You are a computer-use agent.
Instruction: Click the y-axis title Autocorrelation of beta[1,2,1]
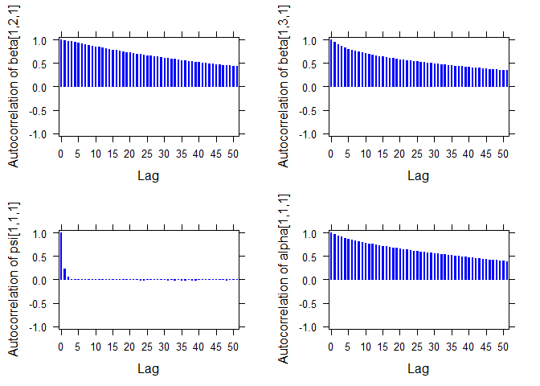(14, 87)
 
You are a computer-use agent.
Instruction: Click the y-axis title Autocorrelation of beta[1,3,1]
(284, 87)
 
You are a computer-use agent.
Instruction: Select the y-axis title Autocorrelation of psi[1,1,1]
(14, 281)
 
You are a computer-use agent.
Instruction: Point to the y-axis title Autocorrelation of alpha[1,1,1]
(284, 281)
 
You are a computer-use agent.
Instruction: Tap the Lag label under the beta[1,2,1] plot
(148, 175)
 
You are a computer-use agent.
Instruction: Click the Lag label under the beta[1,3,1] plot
(418, 175)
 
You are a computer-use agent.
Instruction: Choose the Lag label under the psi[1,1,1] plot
(148, 368)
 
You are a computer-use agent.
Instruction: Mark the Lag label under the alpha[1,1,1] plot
(418, 368)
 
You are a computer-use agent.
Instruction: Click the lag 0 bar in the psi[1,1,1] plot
(60, 257)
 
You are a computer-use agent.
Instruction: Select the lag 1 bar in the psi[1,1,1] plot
(64, 274)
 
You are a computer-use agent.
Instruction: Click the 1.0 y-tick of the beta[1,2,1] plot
(39, 40)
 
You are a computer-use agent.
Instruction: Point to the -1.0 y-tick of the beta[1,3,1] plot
(308, 133)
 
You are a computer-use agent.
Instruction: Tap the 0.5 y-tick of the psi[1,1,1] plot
(39, 257)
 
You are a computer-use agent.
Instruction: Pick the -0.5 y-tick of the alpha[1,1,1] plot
(308, 304)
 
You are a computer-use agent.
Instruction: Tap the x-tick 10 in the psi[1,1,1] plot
(95, 347)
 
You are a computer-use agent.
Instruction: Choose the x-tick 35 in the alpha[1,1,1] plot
(452, 347)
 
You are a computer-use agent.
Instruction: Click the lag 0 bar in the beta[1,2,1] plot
(60, 63)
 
